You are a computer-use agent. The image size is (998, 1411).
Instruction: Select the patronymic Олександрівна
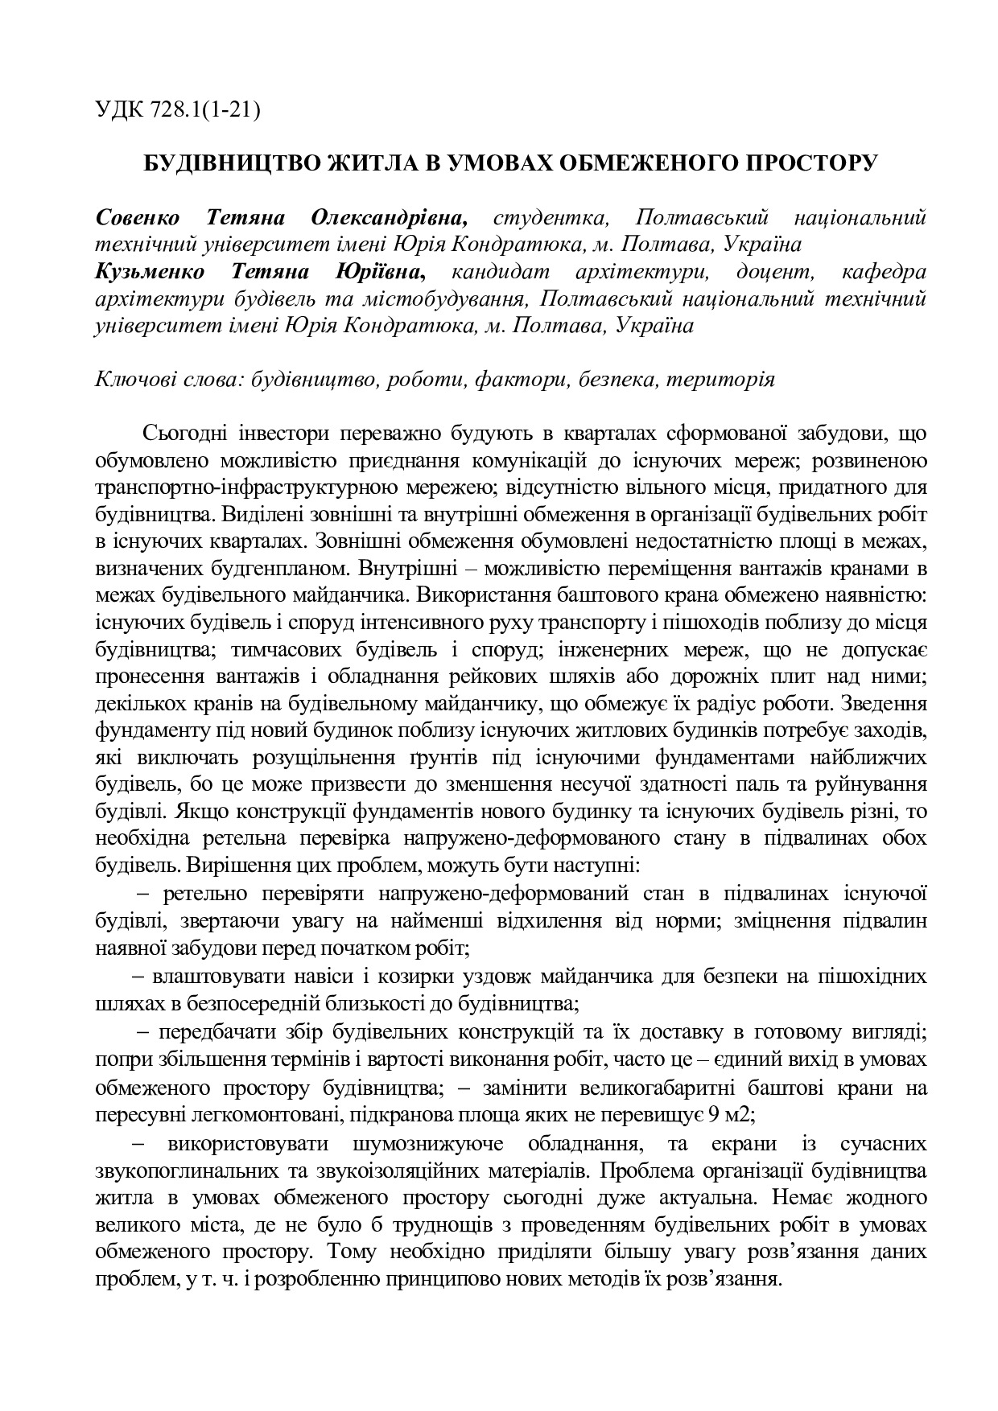click(389, 217)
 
